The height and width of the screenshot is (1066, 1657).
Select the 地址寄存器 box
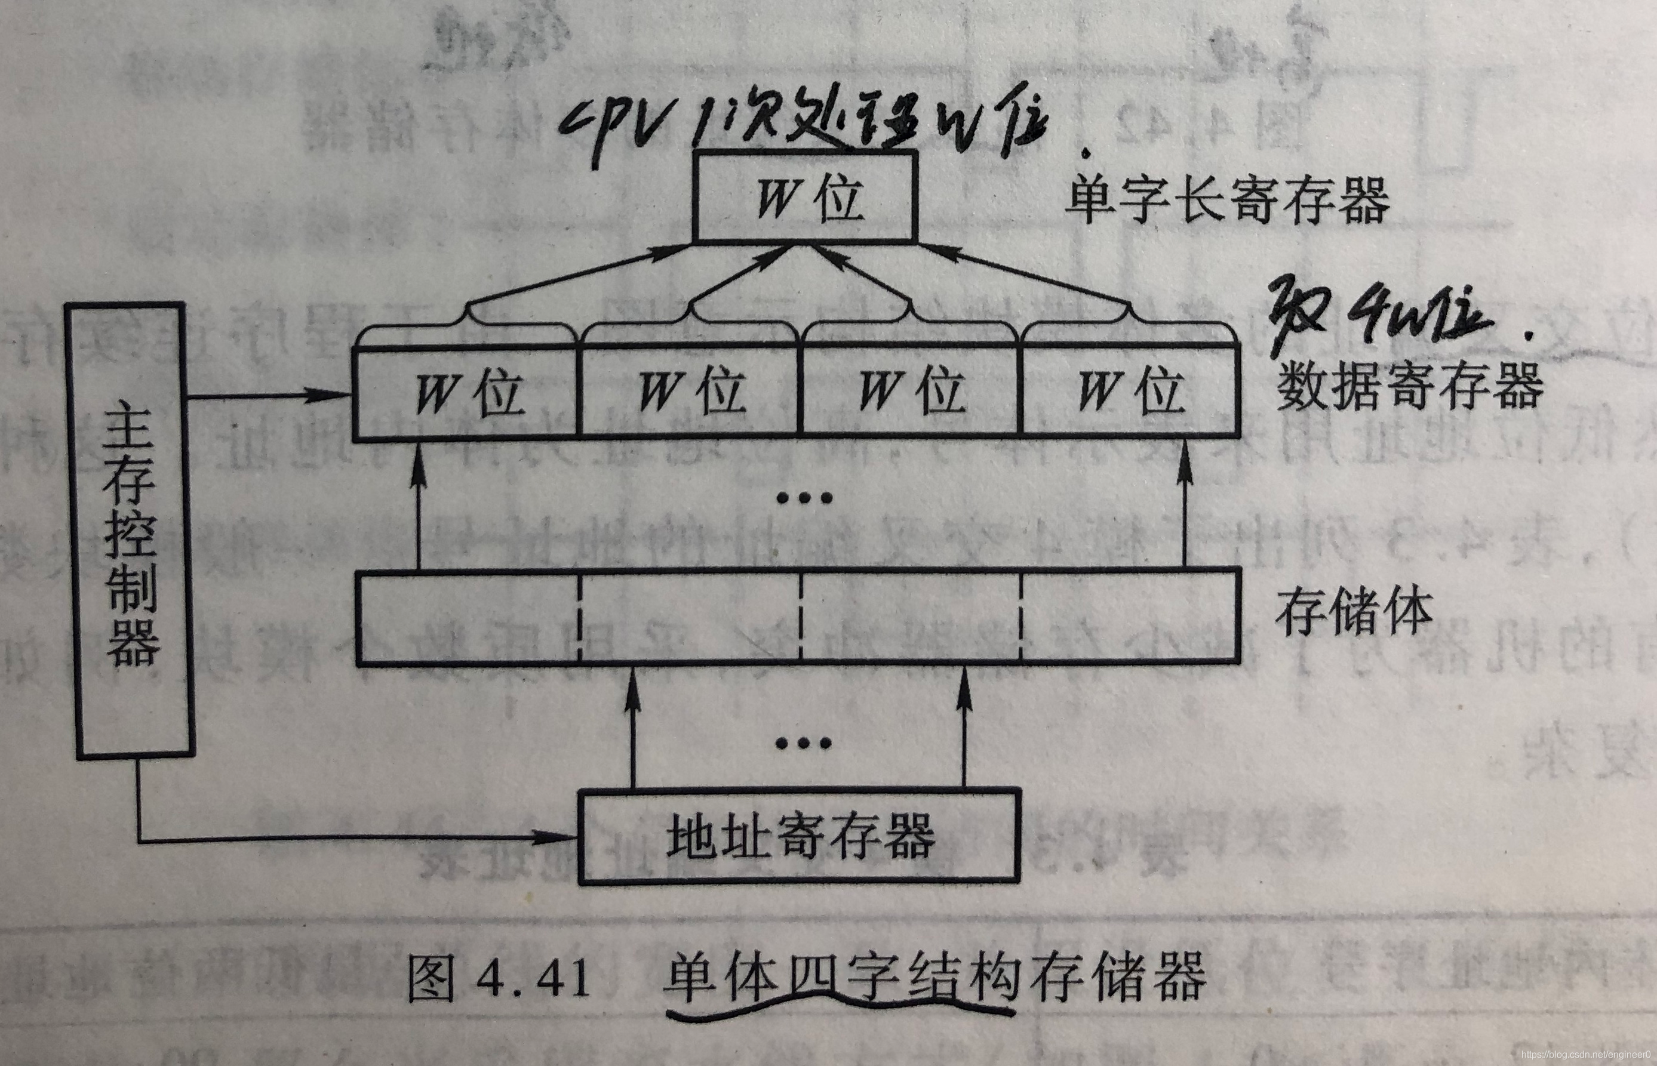pyautogui.click(x=799, y=836)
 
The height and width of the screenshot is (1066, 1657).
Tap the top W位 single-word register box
pyautogui.click(x=806, y=198)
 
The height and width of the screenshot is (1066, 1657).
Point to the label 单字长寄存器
pyautogui.click(x=1227, y=200)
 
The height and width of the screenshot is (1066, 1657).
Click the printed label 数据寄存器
pyautogui.click(x=1410, y=387)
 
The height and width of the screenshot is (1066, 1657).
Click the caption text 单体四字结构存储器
pyautogui.click(x=935, y=976)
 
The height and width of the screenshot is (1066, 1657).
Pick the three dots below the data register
pyautogui.click(x=804, y=498)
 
